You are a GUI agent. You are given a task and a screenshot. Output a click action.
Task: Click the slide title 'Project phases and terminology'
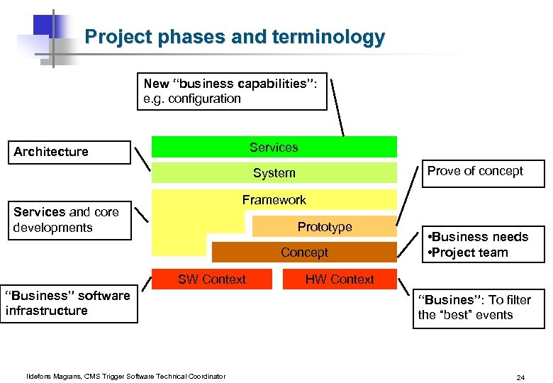[x=235, y=37]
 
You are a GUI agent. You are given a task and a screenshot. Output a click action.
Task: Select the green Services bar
[x=274, y=147]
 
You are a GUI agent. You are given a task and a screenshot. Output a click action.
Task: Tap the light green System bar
[x=274, y=173]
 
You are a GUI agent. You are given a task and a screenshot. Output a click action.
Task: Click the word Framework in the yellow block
[x=274, y=200]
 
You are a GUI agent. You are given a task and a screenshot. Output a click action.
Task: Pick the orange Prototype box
[x=325, y=227]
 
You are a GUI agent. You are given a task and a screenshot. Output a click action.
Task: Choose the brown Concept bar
[x=304, y=252]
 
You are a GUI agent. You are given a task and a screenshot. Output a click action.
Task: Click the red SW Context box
[x=212, y=279]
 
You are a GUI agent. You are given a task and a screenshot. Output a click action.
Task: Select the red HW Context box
[x=340, y=279]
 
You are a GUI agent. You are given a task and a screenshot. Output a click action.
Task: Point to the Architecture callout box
[x=69, y=152]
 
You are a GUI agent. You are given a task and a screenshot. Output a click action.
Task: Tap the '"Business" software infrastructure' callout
[x=69, y=303]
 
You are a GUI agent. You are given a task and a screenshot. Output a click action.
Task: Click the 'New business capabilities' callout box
[x=232, y=91]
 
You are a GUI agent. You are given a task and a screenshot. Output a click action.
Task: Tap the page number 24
[x=520, y=377]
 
